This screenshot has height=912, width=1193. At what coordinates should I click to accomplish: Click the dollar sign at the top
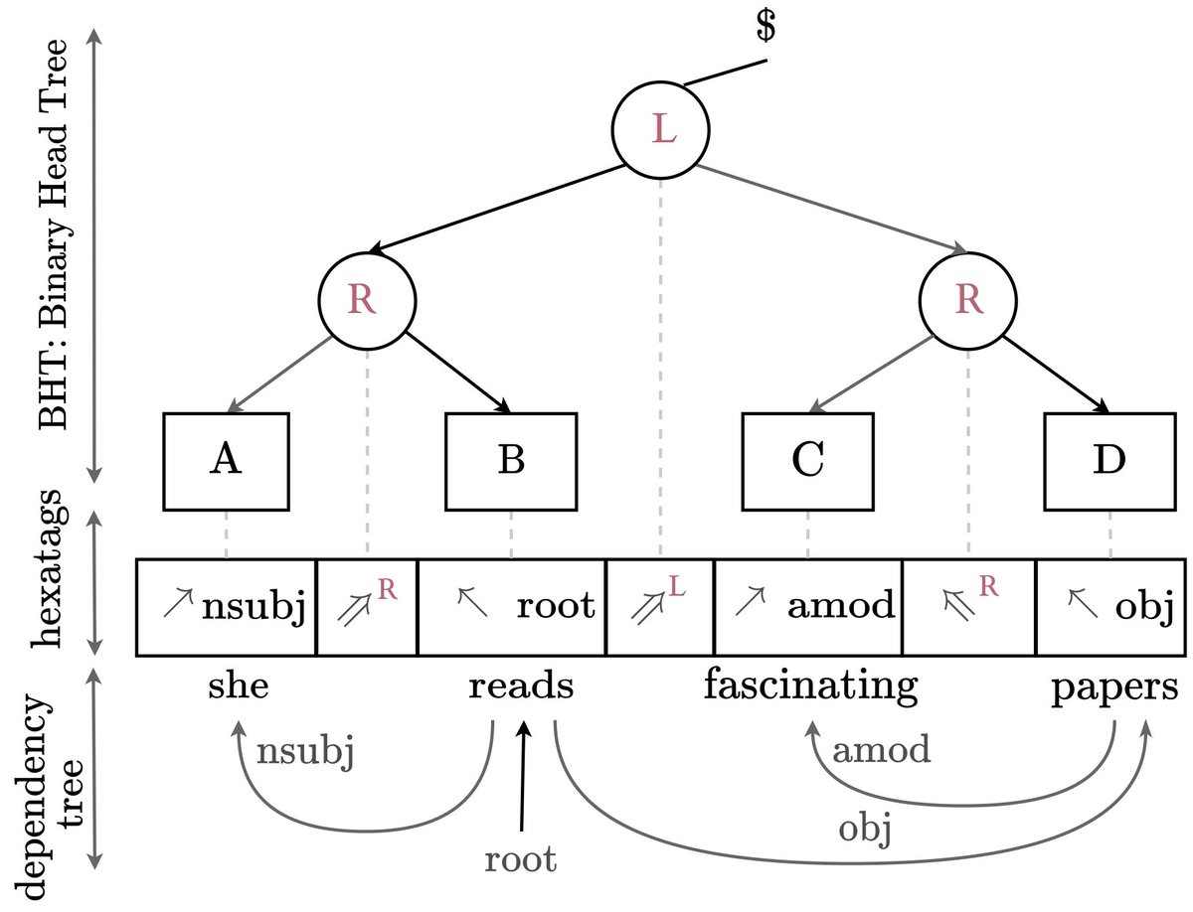765,29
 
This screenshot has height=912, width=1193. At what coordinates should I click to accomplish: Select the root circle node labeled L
660,131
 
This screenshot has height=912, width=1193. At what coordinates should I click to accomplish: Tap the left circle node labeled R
367,301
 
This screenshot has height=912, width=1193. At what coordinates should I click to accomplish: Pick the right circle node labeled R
967,301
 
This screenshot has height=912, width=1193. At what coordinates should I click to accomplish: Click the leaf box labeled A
227,459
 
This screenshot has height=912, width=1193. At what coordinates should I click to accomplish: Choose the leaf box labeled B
510,459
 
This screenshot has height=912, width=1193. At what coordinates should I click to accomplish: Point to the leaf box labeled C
807,459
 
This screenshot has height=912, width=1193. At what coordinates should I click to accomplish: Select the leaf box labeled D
1109,459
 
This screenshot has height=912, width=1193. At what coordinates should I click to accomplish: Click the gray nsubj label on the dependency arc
306,752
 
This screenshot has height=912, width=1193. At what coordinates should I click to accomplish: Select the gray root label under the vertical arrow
521,858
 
